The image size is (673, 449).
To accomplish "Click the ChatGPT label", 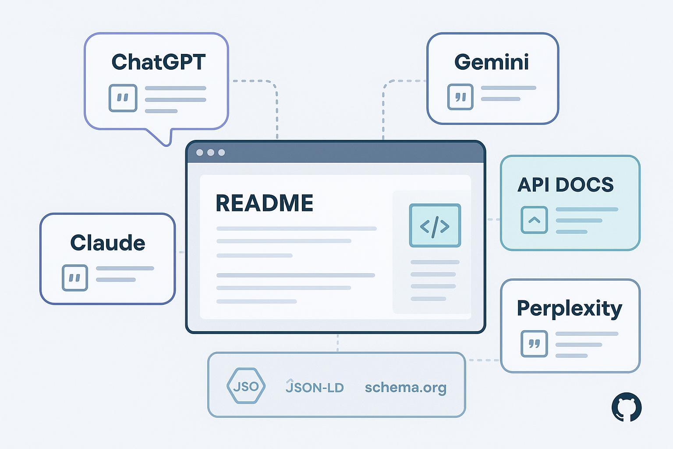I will [x=158, y=62].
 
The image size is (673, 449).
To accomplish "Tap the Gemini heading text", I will [x=492, y=62].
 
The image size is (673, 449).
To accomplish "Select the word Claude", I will [x=108, y=242].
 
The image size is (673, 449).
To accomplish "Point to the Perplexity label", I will [x=569, y=309].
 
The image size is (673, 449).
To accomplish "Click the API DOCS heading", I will [x=565, y=185].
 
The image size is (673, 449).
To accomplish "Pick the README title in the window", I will [x=264, y=203].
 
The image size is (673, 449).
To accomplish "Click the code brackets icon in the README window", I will [x=435, y=225].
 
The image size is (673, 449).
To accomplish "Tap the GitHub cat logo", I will [x=627, y=407].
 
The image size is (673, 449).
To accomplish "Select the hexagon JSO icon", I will [x=246, y=386].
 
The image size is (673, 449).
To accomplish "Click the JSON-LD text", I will [x=315, y=387].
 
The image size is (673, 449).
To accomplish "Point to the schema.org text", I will [x=405, y=388].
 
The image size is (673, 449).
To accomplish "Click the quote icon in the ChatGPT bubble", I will [x=123, y=98].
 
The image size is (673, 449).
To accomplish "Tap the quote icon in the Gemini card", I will [x=460, y=97].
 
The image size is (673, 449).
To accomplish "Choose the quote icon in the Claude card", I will [x=75, y=278].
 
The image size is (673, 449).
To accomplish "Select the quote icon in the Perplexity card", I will [x=534, y=343].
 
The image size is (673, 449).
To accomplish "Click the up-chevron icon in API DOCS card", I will [x=534, y=220].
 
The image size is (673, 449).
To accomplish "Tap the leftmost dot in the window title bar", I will [x=200, y=153].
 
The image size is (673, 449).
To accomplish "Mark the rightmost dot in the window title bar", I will [x=222, y=153].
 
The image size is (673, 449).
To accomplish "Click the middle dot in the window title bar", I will [x=211, y=153].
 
